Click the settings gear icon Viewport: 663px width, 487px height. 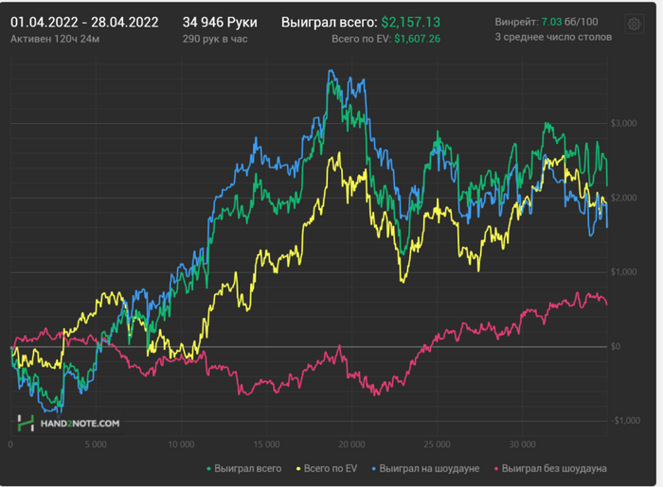click(635, 25)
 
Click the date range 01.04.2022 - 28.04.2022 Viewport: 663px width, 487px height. click(84, 22)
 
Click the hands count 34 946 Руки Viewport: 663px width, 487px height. click(213, 22)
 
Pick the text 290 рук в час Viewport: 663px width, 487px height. click(215, 38)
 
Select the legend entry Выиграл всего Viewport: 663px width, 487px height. click(244, 468)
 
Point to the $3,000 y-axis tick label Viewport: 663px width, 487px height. click(623, 124)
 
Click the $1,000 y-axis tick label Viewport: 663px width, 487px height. click(623, 272)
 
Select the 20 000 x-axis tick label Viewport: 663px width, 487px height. click(352, 444)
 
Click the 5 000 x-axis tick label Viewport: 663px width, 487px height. click(95, 444)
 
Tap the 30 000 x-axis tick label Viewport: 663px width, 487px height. click(523, 444)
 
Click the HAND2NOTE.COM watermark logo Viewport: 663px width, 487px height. click(69, 424)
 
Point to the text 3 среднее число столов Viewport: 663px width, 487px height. click(553, 38)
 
